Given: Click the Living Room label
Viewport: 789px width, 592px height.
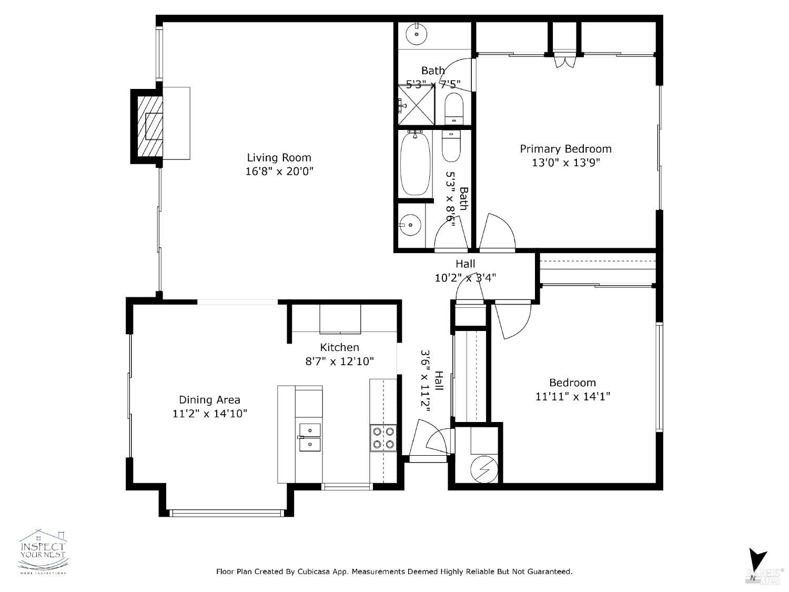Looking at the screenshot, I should coord(279,157).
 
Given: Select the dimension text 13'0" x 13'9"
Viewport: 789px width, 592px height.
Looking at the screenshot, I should coord(565,163).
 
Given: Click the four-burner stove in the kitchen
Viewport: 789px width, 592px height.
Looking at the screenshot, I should coord(383,437).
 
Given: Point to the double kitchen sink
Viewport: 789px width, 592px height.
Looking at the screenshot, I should coord(310,437).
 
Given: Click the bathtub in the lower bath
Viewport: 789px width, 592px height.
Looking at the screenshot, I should coord(416,164).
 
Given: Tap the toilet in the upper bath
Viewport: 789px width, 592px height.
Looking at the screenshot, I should coord(453,108).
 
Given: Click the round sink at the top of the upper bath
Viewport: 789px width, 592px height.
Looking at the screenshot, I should coord(417,34).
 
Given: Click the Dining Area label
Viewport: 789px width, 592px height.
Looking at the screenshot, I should coord(209,400).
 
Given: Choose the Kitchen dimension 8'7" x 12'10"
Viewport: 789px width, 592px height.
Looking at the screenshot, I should coord(339,362).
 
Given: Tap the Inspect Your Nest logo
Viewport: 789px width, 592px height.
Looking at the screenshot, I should coord(43,551).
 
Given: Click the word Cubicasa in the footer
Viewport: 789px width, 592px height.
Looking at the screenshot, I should coord(316,571).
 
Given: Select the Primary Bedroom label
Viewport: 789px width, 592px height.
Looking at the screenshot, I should coord(565,149).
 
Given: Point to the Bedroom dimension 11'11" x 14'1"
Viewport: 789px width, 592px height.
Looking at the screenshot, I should coord(572,396).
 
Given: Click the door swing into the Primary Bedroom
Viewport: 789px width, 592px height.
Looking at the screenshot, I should coord(496,233).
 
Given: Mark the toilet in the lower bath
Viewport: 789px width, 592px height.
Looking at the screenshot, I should coord(451,147).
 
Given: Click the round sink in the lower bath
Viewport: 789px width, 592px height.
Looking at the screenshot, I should coord(411,225).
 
